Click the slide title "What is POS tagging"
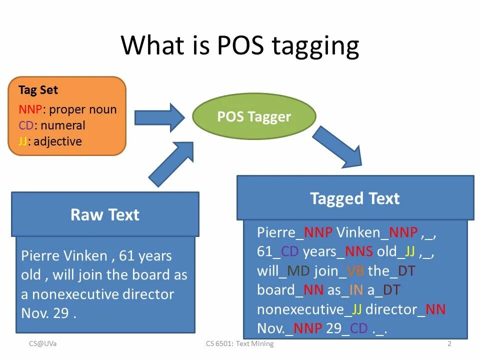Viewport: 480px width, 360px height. tap(240, 45)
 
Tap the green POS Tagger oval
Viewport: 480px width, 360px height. tap(254, 116)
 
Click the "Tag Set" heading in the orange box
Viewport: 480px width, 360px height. tap(38, 90)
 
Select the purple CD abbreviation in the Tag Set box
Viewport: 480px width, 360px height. tap(26, 125)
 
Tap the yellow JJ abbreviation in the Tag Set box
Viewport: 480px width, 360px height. tap(22, 141)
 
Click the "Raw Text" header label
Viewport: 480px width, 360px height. tap(105, 214)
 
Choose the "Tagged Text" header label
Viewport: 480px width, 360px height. tap(354, 198)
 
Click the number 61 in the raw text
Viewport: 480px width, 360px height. tap(127, 256)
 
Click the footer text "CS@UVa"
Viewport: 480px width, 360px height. tap(42, 344)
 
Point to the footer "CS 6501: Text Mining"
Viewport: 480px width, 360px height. tap(239, 344)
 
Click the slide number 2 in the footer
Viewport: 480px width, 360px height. tap(449, 344)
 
